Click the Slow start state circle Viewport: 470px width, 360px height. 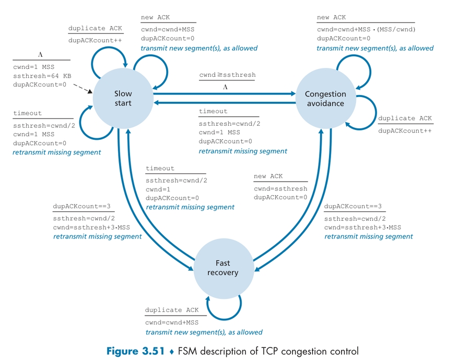pyautogui.click(x=123, y=98)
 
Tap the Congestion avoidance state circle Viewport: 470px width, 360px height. pyautogui.click(x=325, y=98)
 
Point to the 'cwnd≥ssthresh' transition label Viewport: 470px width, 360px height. pyautogui.click(x=227, y=75)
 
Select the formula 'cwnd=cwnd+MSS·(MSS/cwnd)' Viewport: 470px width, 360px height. pyautogui.click(x=366, y=29)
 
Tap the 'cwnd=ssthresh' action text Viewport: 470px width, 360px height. pyautogui.click(x=280, y=188)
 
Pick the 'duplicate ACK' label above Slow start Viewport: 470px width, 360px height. pyautogui.click(x=95, y=28)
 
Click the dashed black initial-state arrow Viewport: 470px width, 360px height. pyautogui.click(x=84, y=91)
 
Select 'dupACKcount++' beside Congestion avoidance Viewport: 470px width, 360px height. pyautogui.click(x=405, y=130)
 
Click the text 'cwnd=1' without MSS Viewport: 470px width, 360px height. pyautogui.click(x=159, y=188)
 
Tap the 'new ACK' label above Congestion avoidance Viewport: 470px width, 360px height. pyautogui.click(x=331, y=18)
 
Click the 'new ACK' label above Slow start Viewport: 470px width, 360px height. pyautogui.click(x=155, y=18)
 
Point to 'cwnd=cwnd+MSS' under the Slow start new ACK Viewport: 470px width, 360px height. pyautogui.click(x=166, y=29)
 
